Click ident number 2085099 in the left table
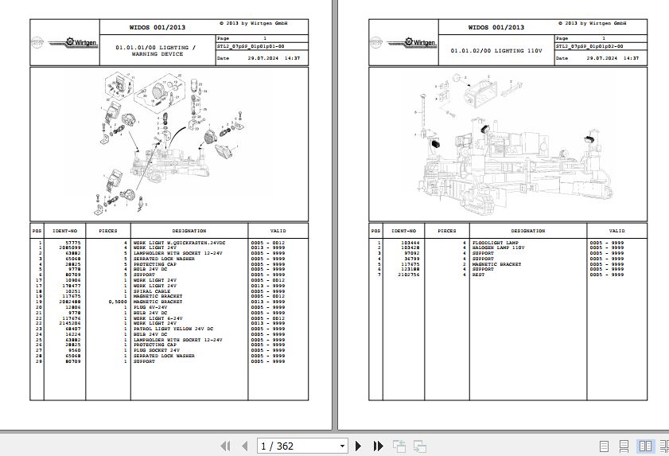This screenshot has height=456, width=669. (68, 247)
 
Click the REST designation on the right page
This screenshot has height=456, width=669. (478, 275)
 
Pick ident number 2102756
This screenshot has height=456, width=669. (409, 275)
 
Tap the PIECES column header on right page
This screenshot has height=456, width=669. (447, 231)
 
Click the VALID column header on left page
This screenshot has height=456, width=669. (278, 231)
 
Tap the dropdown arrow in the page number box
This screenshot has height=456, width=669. (342, 446)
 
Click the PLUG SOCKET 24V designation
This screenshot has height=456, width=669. (156, 350)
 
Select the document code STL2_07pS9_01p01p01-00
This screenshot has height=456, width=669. (250, 47)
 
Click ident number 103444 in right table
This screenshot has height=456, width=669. (410, 242)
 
